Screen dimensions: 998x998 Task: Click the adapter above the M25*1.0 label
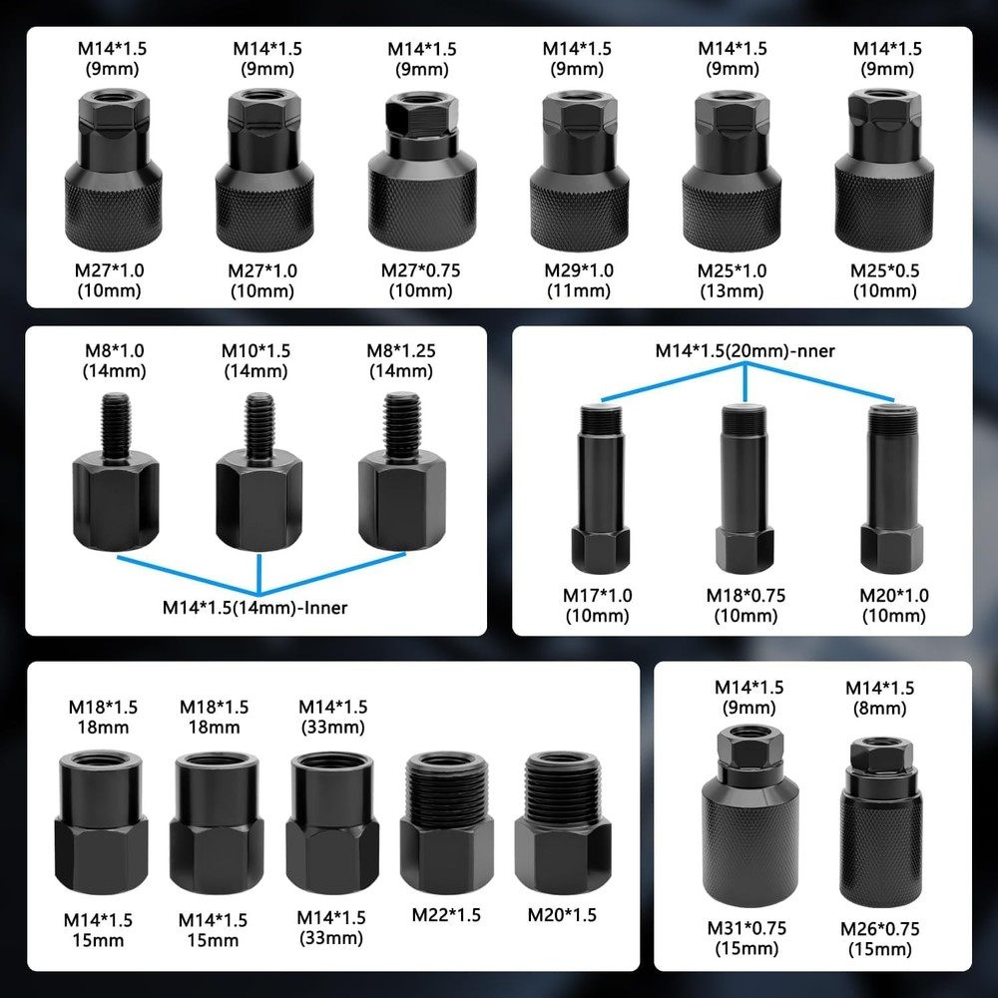[732, 170]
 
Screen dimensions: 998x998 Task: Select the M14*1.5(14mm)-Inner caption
[255, 607]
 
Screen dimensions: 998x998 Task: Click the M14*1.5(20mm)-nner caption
[745, 350]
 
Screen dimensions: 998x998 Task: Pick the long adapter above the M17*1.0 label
[601, 488]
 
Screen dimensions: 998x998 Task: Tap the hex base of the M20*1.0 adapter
[891, 547]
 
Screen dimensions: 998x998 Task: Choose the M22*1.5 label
[446, 915]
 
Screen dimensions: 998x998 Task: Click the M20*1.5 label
[562, 915]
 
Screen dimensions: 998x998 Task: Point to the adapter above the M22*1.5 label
[447, 822]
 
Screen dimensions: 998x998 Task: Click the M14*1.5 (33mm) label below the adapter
[331, 927]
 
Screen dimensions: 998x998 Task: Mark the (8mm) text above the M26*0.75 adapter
[879, 709]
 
